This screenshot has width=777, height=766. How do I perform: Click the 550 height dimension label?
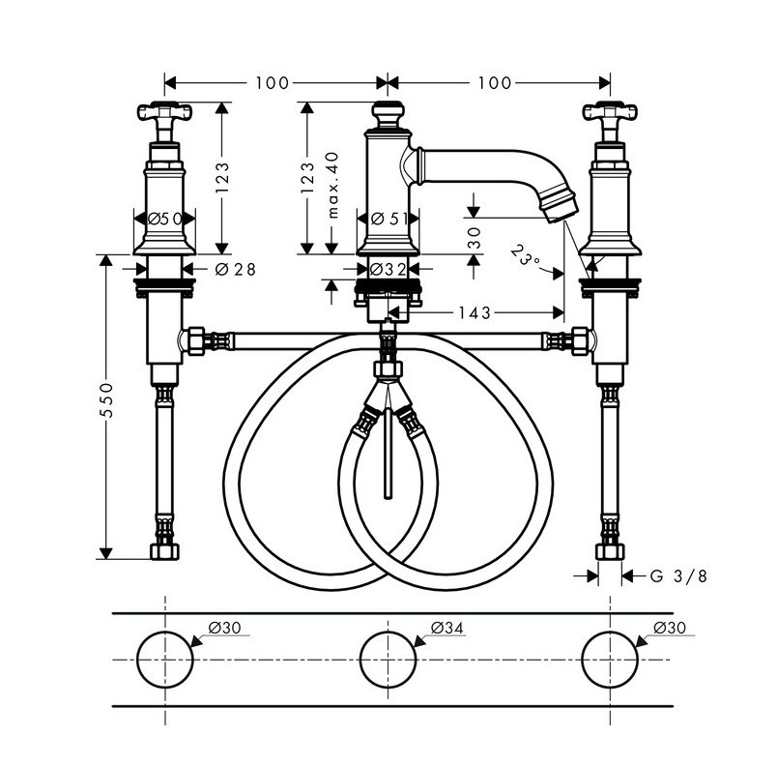[x=109, y=406]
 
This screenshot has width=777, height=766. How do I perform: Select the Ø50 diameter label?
[x=165, y=220]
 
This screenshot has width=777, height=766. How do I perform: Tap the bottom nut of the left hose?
[x=165, y=552]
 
